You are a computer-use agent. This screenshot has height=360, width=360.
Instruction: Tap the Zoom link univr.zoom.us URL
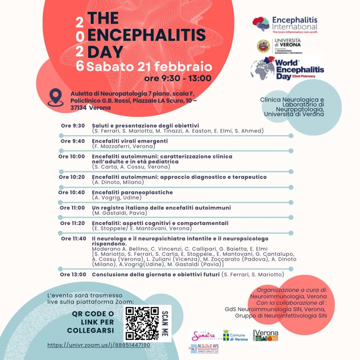(x=99, y=345)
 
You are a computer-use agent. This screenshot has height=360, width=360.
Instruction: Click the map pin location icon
(x=56, y=98)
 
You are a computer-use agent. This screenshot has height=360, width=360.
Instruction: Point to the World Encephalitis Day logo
(x=287, y=69)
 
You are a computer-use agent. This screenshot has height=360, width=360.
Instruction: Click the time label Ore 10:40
(x=71, y=192)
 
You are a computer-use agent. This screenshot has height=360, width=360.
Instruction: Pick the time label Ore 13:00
(x=73, y=275)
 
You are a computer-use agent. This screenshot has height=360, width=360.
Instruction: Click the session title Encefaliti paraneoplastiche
(x=132, y=192)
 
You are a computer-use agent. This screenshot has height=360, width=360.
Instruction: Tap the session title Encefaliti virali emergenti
(x=130, y=141)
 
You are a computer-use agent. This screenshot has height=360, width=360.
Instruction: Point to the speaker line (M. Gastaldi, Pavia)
(x=120, y=213)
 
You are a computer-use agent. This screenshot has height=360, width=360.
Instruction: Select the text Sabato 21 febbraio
(x=149, y=66)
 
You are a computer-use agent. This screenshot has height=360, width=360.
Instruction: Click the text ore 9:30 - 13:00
(x=178, y=78)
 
